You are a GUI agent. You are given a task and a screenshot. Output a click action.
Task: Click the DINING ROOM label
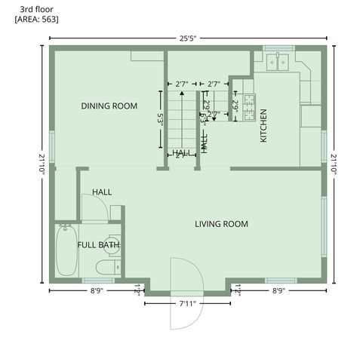tap(109, 106)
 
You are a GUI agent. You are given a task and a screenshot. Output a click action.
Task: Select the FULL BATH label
tap(98, 245)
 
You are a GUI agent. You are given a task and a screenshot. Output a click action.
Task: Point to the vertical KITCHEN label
tap(263, 126)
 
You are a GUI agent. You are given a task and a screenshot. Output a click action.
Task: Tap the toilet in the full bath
tap(106, 265)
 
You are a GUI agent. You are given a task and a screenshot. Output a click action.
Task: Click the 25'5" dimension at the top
tap(189, 38)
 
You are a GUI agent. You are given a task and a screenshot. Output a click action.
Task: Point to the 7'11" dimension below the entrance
tap(188, 304)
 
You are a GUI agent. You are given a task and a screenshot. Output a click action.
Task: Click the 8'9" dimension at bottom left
tap(97, 290)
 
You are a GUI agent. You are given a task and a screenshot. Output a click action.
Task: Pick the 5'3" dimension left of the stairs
tap(160, 118)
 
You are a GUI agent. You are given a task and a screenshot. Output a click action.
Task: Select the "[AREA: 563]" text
tap(36, 18)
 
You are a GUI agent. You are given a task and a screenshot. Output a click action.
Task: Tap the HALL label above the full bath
tap(102, 192)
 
